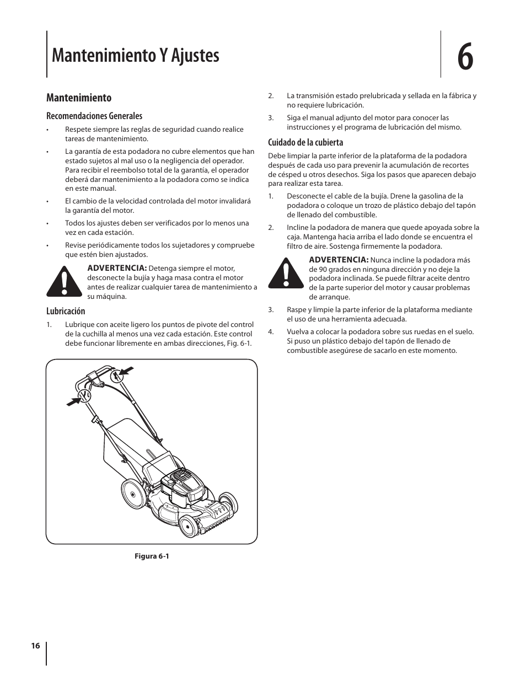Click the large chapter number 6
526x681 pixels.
coord(465,56)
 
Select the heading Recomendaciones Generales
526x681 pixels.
coord(94,116)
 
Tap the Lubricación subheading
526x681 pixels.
coord(66,311)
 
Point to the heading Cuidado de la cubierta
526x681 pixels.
coord(305,142)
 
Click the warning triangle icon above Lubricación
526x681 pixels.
coord(65,281)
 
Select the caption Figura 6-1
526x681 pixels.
coord(152,556)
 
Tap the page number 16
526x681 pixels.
coord(36,646)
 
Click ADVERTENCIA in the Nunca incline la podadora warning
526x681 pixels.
coord(338,260)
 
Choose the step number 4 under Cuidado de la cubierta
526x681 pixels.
coord(271,332)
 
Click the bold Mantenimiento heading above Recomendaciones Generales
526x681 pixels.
coord(79,98)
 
